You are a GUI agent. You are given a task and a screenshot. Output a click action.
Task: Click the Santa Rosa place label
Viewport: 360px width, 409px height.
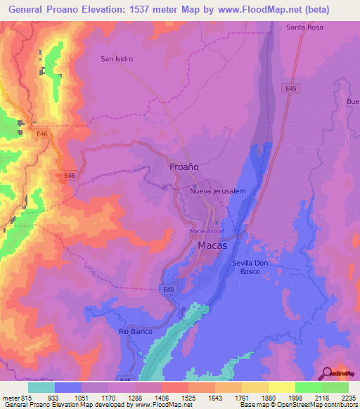304,27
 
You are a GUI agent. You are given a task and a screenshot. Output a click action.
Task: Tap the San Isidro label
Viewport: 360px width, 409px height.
117,59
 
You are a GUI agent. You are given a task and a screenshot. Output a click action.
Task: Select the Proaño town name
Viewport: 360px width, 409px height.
185,167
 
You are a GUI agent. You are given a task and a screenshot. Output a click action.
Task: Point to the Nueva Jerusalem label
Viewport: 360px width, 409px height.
217,191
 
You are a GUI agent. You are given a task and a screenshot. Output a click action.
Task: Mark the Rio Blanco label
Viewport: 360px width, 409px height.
136,331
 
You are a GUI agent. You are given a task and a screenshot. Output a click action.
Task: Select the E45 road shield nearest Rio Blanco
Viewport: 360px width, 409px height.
167,288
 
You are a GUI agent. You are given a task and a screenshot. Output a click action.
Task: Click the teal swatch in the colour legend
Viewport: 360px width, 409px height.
41,387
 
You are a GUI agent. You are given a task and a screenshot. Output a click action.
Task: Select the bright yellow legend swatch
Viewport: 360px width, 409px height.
282,387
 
